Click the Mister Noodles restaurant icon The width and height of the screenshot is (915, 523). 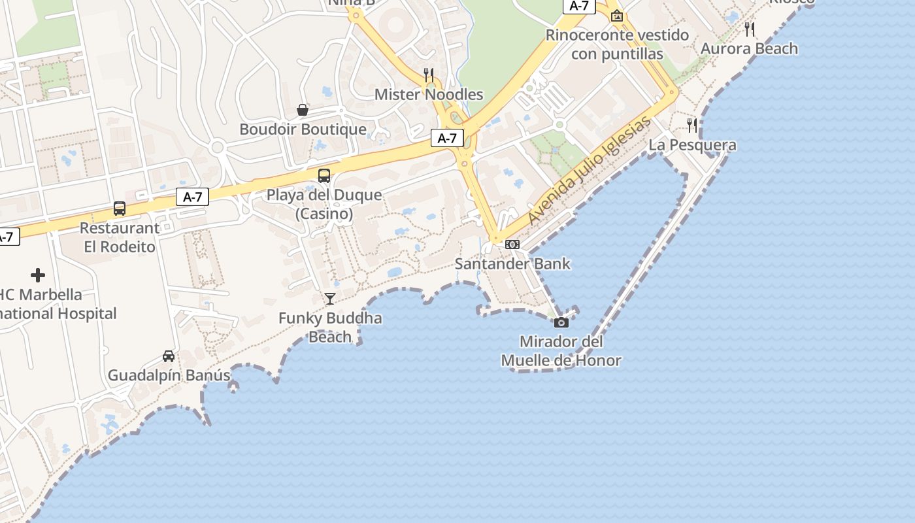(x=429, y=75)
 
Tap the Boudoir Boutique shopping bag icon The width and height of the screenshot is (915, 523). (x=303, y=110)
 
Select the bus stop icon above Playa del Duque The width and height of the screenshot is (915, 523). (x=324, y=175)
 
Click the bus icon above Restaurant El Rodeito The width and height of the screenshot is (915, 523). (x=120, y=209)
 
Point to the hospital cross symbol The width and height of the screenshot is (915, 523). (x=38, y=275)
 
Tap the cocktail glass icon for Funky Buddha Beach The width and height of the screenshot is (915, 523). (x=330, y=299)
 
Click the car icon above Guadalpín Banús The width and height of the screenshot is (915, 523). (x=169, y=356)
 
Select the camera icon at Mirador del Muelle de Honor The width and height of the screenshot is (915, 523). (x=561, y=322)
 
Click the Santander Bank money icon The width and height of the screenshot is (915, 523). (x=512, y=245)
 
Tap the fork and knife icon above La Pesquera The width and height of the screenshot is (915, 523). (x=692, y=125)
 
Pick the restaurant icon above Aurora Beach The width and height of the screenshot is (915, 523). (x=750, y=29)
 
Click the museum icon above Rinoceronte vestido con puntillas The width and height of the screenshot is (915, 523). (x=616, y=16)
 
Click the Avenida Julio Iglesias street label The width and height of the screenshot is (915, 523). (x=590, y=171)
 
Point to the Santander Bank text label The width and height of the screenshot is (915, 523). (x=512, y=264)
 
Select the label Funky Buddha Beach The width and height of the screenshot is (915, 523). (x=330, y=328)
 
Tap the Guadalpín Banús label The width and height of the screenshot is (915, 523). (x=169, y=376)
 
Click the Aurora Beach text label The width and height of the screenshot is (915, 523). (x=749, y=49)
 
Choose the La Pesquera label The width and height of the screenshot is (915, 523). (x=692, y=145)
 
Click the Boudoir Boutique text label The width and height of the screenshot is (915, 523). (x=303, y=129)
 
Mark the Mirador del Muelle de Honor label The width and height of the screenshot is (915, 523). (x=561, y=351)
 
